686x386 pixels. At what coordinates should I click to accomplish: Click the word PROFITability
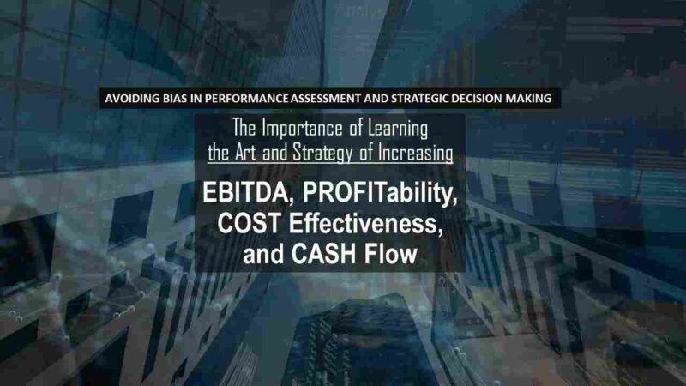(380, 194)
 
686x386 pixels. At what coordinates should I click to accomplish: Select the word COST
(249, 223)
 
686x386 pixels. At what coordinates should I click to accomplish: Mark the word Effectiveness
(366, 223)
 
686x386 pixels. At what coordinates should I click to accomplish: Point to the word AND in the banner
(376, 99)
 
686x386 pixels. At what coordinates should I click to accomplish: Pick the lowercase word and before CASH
(264, 254)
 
